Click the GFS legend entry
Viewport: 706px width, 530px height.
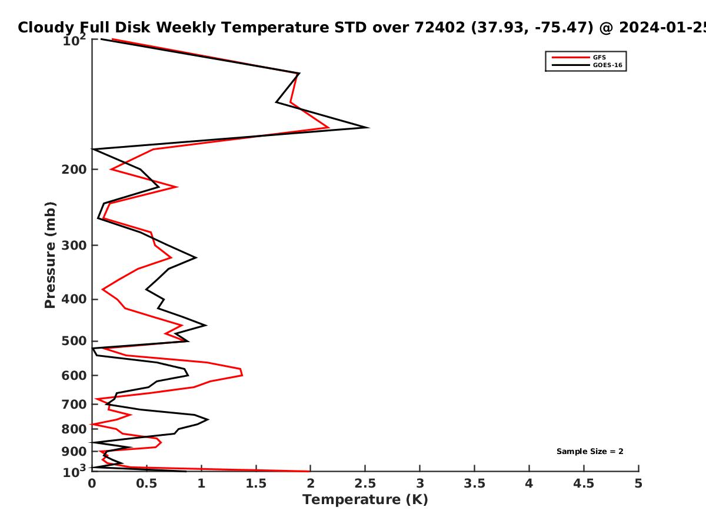pyautogui.click(x=599, y=57)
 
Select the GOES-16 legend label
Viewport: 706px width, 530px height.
pyautogui.click(x=608, y=65)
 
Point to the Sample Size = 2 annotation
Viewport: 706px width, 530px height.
pyautogui.click(x=590, y=452)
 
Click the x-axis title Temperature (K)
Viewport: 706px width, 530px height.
pyautogui.click(x=365, y=500)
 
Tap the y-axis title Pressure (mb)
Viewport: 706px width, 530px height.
pyautogui.click(x=50, y=255)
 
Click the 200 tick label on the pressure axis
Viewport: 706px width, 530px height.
pyautogui.click(x=74, y=169)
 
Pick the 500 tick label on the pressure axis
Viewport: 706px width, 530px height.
pyautogui.click(x=74, y=341)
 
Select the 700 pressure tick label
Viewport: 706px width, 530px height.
pyautogui.click(x=74, y=405)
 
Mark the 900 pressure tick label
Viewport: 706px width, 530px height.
pyautogui.click(x=74, y=452)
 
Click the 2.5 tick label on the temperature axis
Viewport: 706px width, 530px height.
pyautogui.click(x=365, y=483)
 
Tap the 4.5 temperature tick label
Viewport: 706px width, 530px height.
pyautogui.click(x=584, y=483)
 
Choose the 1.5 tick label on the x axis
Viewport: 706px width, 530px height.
pyautogui.click(x=256, y=483)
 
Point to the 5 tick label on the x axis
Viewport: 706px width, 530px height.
pyautogui.click(x=638, y=483)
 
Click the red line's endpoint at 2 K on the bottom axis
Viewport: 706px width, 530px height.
pyautogui.click(x=309, y=472)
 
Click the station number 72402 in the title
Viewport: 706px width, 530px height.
pyautogui.click(x=439, y=27)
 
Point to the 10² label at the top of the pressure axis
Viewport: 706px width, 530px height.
pyautogui.click(x=74, y=40)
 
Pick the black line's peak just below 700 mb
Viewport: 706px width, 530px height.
pyautogui.click(x=208, y=419)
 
